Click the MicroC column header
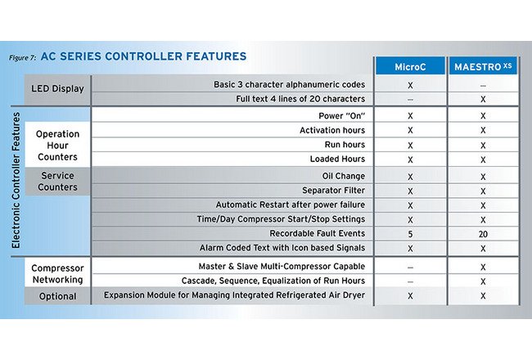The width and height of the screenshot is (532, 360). [409, 65]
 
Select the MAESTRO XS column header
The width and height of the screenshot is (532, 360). [484, 65]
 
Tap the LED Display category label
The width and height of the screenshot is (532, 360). [57, 89]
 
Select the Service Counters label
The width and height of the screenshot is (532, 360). [57, 182]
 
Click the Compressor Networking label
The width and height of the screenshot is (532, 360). [57, 273]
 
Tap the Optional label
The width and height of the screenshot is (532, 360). [57, 296]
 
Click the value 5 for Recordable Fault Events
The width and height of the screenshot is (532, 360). [409, 233]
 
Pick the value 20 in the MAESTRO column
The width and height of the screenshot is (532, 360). [484, 233]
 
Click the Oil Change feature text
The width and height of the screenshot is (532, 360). [345, 176]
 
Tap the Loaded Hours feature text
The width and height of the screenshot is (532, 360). [337, 159]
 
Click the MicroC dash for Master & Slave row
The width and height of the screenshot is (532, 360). [409, 267]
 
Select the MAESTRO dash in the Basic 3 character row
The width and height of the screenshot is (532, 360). [484, 83]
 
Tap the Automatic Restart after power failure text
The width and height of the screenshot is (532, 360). [291, 205]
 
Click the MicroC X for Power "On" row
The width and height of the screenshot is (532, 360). [409, 116]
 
